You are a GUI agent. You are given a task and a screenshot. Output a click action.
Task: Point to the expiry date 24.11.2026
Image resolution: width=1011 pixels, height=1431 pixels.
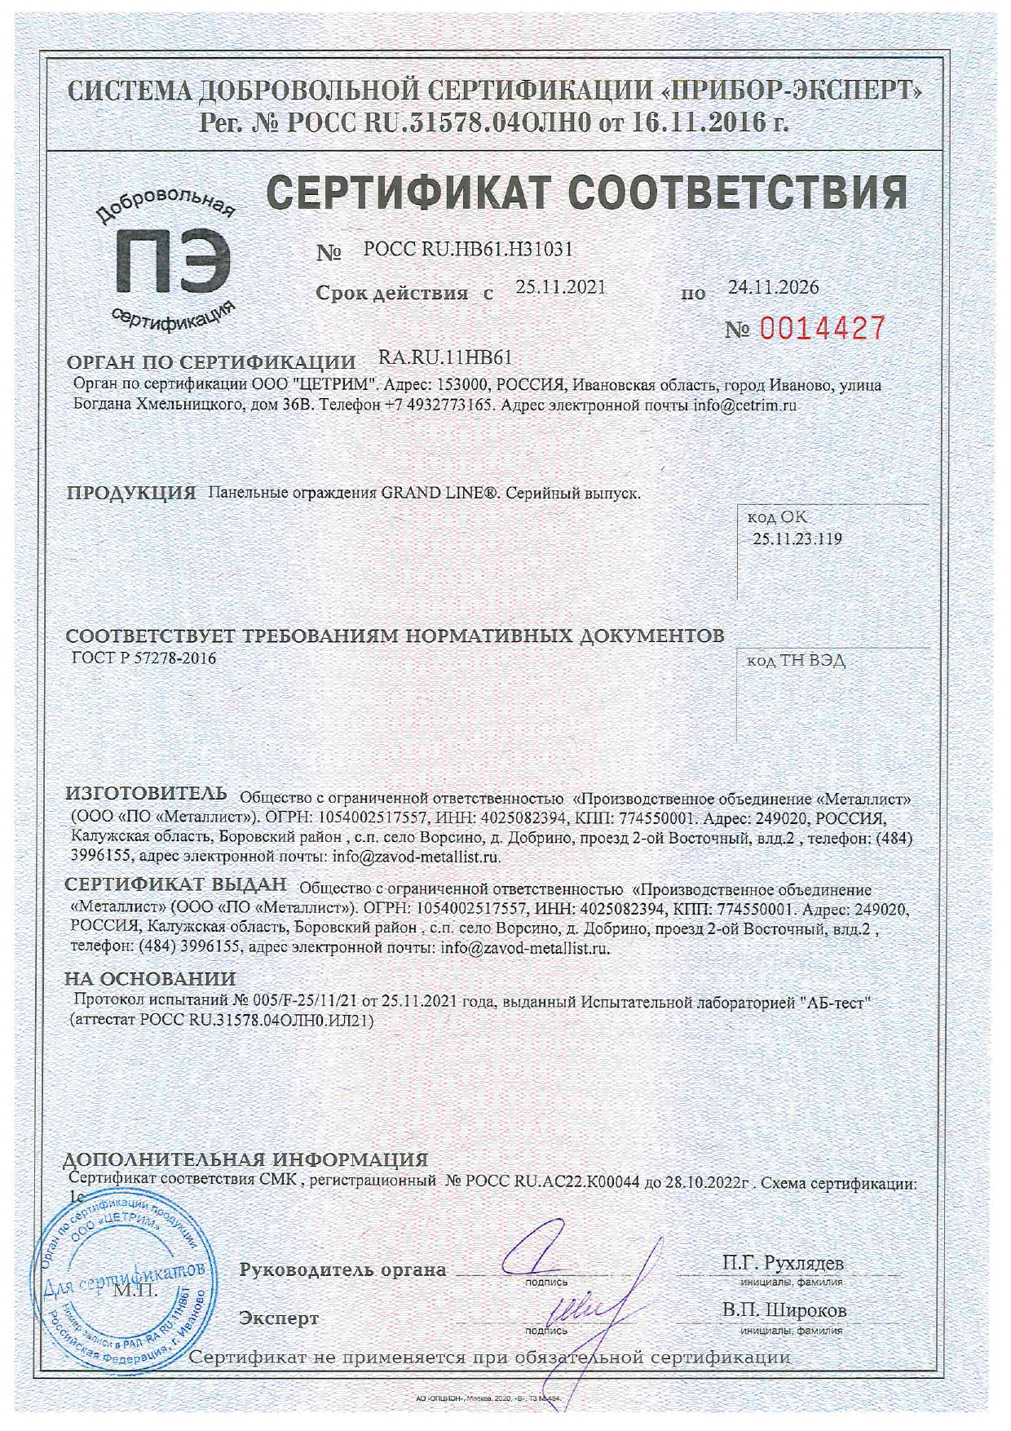pos(773,287)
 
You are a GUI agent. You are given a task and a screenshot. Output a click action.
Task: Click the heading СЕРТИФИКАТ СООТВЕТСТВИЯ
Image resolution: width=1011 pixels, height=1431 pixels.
pos(587,193)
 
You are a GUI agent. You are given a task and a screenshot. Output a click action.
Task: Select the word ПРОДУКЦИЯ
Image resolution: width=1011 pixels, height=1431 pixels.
pos(131,494)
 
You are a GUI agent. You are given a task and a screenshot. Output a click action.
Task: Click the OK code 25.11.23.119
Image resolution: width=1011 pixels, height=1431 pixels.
pos(797,539)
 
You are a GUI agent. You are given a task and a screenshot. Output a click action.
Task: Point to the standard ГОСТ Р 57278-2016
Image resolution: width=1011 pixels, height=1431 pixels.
pos(144,658)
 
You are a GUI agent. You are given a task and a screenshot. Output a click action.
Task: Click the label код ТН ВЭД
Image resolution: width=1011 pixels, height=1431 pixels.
pos(796,661)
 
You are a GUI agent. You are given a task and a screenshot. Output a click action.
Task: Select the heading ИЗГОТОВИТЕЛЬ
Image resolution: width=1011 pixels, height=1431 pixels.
pos(147,794)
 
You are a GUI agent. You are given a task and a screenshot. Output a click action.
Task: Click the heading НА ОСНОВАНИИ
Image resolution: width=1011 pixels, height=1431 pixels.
pos(150,979)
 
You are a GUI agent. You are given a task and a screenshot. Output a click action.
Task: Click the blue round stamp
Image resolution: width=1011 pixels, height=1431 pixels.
pos(129,1290)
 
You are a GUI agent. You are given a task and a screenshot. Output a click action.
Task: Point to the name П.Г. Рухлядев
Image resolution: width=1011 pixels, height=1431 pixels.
pos(783,1263)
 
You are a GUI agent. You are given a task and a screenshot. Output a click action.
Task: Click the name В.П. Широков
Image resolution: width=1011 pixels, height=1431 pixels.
pos(784,1310)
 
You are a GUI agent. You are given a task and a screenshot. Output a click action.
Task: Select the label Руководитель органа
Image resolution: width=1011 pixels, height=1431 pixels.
pos(342,1270)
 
